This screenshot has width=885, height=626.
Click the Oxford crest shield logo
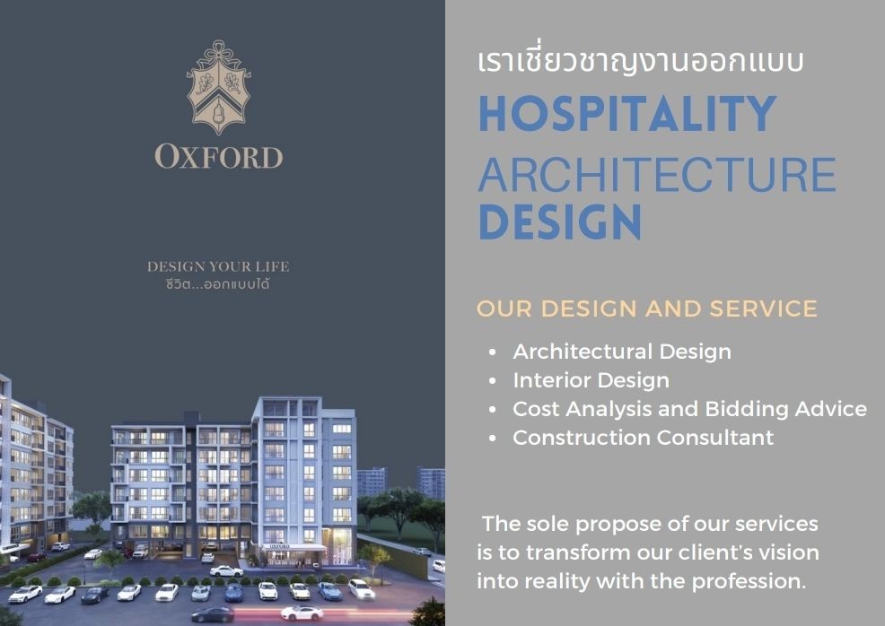tap(218, 87)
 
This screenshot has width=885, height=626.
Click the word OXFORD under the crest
tap(218, 157)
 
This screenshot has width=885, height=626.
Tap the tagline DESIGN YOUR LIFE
tap(218, 266)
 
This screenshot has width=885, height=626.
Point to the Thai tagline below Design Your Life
tap(218, 283)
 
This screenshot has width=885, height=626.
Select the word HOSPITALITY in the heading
tap(627, 113)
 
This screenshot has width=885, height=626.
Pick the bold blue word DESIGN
tap(560, 222)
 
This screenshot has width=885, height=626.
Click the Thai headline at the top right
tap(641, 59)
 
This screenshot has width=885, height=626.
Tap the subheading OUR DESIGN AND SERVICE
tap(647, 309)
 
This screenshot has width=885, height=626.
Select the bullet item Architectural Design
tap(622, 352)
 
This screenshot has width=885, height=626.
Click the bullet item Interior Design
tap(591, 380)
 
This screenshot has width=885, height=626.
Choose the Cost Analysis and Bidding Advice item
tap(689, 409)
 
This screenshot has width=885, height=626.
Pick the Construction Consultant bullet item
tap(643, 438)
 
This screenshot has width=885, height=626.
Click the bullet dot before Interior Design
tap(493, 380)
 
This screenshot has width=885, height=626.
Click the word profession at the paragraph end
tap(748, 581)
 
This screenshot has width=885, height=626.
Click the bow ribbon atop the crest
tap(219, 51)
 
